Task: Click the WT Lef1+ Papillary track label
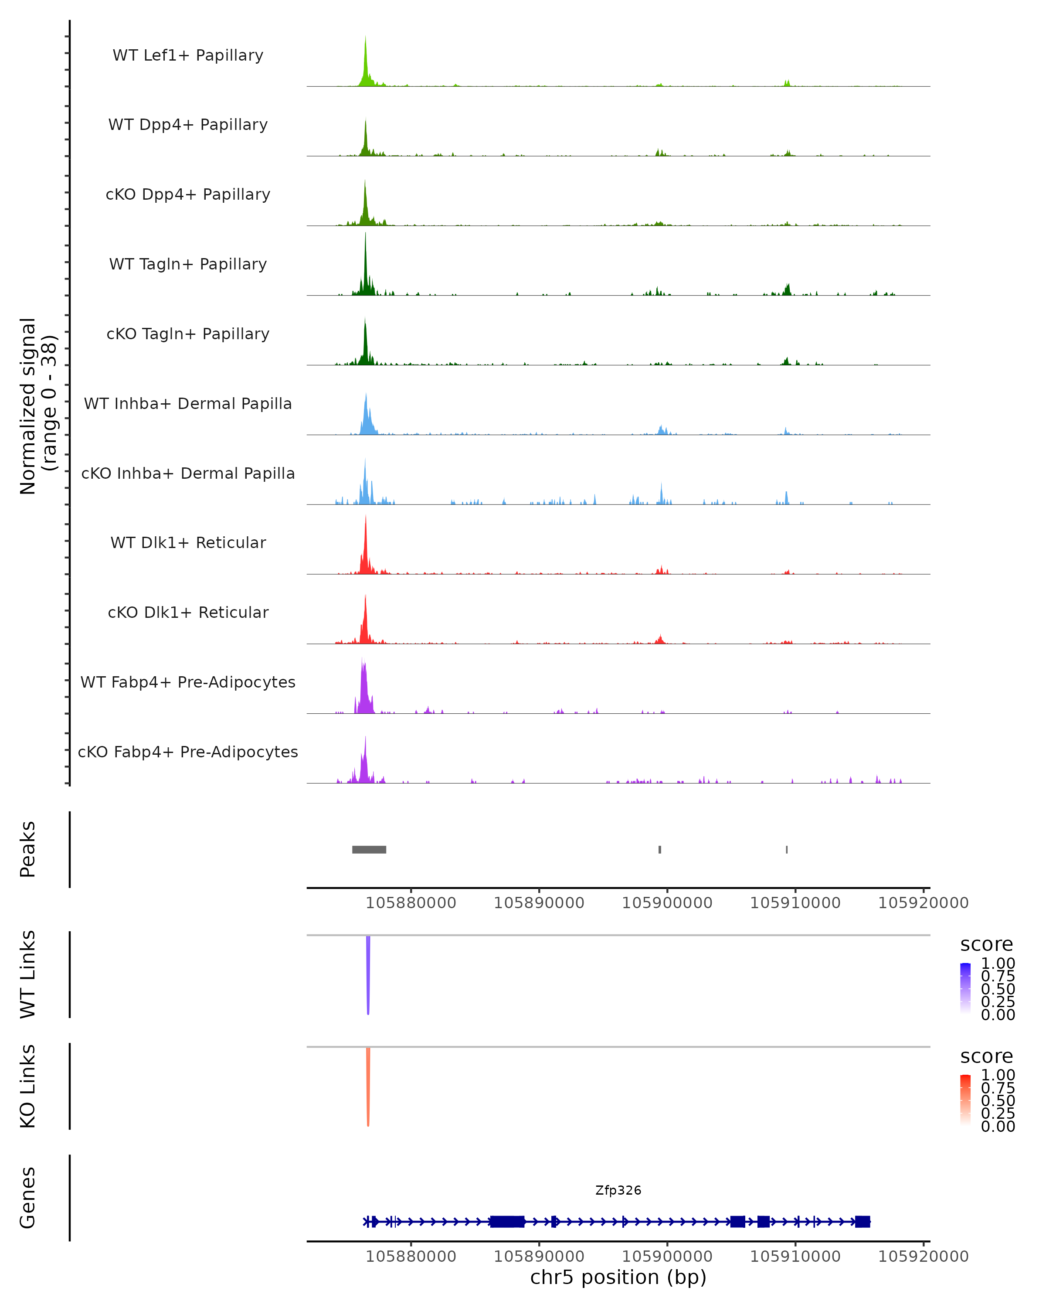(x=188, y=55)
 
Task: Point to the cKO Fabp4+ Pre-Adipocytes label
(x=188, y=752)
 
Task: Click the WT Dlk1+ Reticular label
(x=188, y=542)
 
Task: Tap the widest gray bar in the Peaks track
(x=369, y=849)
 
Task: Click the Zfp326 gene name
(x=618, y=1190)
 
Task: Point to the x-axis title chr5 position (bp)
(x=618, y=1277)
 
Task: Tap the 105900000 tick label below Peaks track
(x=667, y=903)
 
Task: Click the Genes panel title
(x=28, y=1198)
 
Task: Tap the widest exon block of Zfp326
(x=507, y=1221)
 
